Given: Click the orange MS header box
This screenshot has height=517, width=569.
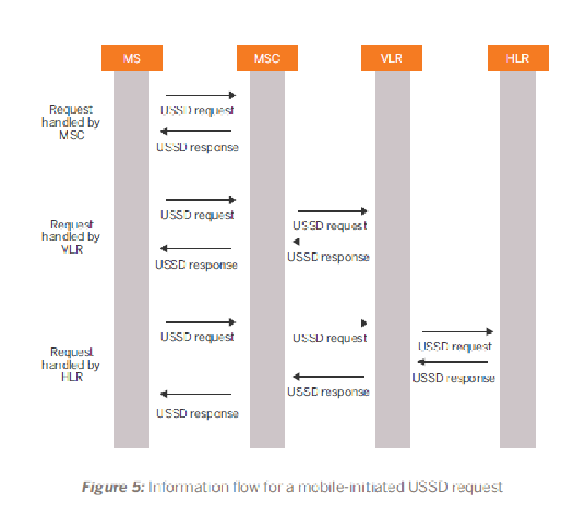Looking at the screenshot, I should tap(132, 59).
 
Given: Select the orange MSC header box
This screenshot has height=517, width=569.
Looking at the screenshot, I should tap(267, 59).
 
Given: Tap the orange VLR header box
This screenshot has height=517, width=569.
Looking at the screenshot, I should tap(391, 59).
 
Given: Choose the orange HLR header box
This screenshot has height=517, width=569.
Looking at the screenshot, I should tap(517, 59).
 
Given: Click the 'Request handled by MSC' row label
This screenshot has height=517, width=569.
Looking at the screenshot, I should tap(71, 122).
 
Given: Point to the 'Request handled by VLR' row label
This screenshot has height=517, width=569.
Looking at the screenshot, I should tap(72, 237).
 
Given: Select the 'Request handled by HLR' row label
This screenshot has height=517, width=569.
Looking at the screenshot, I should tap(72, 364).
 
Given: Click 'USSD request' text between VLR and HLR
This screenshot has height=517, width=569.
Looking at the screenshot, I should tap(455, 347).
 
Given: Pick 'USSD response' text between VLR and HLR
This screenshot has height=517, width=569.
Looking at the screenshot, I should tap(453, 378).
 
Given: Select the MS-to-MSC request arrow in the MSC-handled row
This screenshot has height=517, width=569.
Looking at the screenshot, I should tap(201, 95).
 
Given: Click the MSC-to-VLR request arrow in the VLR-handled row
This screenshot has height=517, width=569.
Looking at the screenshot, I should tap(332, 211).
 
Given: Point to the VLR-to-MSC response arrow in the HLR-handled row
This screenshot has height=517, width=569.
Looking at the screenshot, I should tap(328, 377).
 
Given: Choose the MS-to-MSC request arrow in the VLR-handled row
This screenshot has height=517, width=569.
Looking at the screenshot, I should tap(201, 200).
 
